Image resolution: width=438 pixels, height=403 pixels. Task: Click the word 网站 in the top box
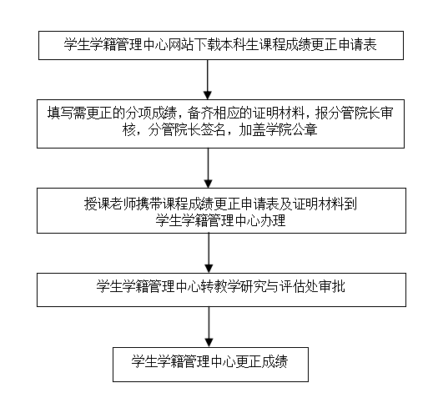[180, 45]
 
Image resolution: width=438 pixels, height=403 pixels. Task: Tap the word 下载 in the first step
[207, 45]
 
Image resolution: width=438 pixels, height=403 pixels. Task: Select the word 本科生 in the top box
[239, 45]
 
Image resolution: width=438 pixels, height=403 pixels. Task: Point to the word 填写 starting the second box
[60, 113]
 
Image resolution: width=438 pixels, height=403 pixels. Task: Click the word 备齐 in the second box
[199, 113]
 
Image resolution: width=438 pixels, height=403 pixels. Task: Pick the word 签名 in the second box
[213, 129]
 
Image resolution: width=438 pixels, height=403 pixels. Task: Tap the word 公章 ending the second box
[305, 129]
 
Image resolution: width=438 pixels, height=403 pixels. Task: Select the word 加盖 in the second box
[251, 129]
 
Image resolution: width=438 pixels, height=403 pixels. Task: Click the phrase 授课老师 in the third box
[110, 204]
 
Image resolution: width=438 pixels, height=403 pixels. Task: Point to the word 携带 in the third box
[149, 204]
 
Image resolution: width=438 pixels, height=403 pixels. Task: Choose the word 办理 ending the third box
[273, 220]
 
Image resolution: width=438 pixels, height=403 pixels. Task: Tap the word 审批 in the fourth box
[332, 286]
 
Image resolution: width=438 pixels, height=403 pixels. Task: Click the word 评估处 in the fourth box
[300, 286]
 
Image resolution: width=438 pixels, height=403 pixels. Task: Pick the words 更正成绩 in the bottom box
[262, 361]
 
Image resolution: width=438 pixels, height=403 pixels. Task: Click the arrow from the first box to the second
[207, 79]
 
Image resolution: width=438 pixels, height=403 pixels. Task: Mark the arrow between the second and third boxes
[208, 168]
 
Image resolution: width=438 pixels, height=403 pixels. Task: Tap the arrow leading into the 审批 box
[209, 253]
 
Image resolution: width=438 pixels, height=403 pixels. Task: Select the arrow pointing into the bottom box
[209, 327]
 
